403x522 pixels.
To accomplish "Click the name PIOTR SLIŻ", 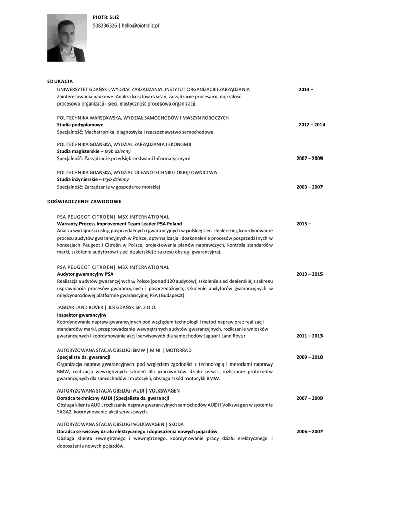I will click(105, 18).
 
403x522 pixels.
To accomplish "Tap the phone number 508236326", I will click(104, 25).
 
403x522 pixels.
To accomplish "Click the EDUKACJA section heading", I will click(60, 81).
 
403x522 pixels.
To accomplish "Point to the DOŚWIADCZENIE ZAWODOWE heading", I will click(84, 201).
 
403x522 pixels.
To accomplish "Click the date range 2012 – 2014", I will click(311, 125).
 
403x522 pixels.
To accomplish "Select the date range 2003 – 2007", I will click(309, 187).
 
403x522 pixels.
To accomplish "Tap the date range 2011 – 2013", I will click(309, 336).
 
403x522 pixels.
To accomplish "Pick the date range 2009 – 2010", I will click(309, 357).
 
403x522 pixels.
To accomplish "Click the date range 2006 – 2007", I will click(309, 432).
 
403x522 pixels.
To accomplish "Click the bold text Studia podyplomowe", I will click(80, 125).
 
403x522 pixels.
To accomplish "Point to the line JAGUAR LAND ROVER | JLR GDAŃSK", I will click(106, 308).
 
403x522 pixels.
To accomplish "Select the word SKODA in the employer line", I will click(176, 424).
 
